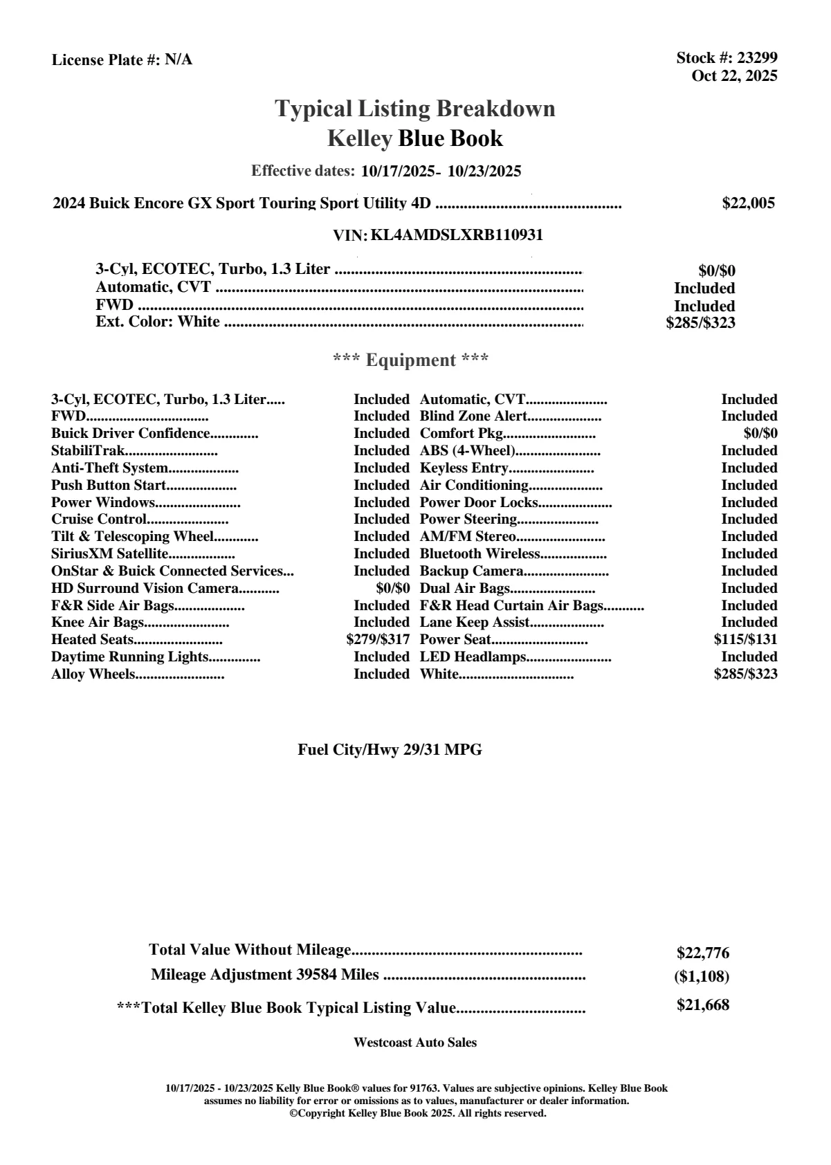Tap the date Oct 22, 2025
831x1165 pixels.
tap(734, 75)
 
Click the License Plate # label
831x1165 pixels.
tap(107, 60)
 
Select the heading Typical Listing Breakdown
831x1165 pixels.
tap(415, 109)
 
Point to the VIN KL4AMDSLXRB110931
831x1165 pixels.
tap(457, 235)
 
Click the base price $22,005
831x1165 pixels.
tap(748, 203)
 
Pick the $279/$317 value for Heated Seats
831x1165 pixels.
tap(378, 639)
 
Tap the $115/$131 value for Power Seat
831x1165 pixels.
tap(745, 639)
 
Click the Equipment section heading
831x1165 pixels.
tap(411, 360)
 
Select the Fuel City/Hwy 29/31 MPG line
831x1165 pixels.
tap(390, 749)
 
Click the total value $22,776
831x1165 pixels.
tap(702, 953)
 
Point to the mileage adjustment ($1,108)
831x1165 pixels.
tap(702, 977)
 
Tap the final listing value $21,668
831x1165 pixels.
tap(702, 1005)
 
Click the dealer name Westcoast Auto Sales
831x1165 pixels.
tap(415, 1042)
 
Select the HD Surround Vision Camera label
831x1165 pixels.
tap(145, 588)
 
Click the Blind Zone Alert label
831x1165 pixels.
tap(473, 416)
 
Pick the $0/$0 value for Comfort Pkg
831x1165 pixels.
tap(760, 433)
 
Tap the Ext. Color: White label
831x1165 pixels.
tap(158, 322)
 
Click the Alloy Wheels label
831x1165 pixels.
tap(93, 674)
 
